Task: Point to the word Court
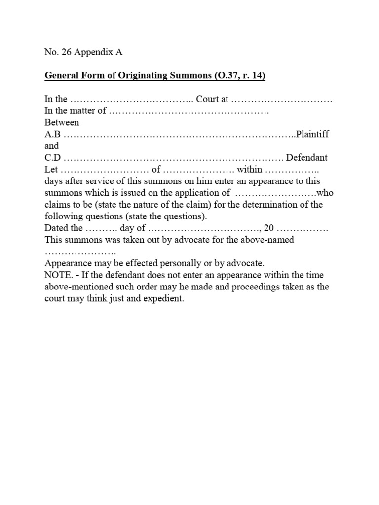pyautogui.click(x=208, y=99)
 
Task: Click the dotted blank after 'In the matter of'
pyautogui.click(x=189, y=111)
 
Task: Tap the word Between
pyautogui.click(x=62, y=122)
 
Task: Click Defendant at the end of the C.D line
pyautogui.click(x=307, y=158)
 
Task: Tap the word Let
pyautogui.click(x=51, y=170)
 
